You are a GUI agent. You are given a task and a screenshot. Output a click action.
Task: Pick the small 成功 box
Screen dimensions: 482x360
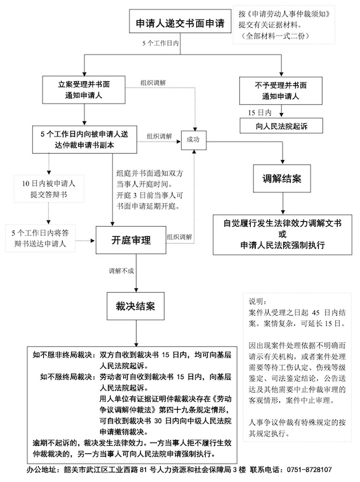pyautogui.click(x=192, y=138)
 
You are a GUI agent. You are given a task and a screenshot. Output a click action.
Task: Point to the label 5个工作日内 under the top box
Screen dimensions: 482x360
pyautogui.click(x=160, y=44)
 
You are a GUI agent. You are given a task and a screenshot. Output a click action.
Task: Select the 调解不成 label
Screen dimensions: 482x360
pyautogui.click(x=123, y=271)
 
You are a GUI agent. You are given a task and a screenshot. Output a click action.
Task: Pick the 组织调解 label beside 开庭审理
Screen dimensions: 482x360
pyautogui.click(x=180, y=237)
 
